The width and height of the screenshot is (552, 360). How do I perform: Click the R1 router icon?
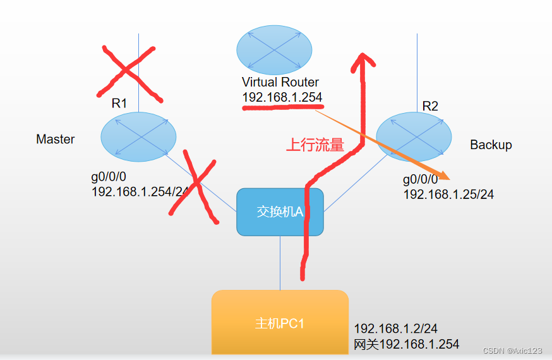(138, 136)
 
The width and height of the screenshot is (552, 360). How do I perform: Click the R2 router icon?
(414, 136)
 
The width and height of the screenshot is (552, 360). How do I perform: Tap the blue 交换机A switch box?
(280, 212)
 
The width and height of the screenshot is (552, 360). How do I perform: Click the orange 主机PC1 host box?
(280, 323)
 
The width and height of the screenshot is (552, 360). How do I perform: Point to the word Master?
(56, 140)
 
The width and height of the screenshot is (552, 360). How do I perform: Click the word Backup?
(491, 145)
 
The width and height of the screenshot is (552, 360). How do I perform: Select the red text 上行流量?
(315, 145)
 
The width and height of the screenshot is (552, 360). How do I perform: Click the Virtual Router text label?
(280, 82)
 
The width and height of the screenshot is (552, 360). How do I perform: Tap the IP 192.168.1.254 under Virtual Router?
(282, 97)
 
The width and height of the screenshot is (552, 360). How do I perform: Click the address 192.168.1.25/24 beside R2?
(448, 195)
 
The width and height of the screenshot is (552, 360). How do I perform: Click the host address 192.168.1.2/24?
(395, 328)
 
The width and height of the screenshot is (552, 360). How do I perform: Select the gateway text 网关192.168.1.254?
(406, 344)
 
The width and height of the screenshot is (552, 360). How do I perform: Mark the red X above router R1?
(129, 71)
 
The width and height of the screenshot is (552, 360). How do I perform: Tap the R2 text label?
(429, 106)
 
